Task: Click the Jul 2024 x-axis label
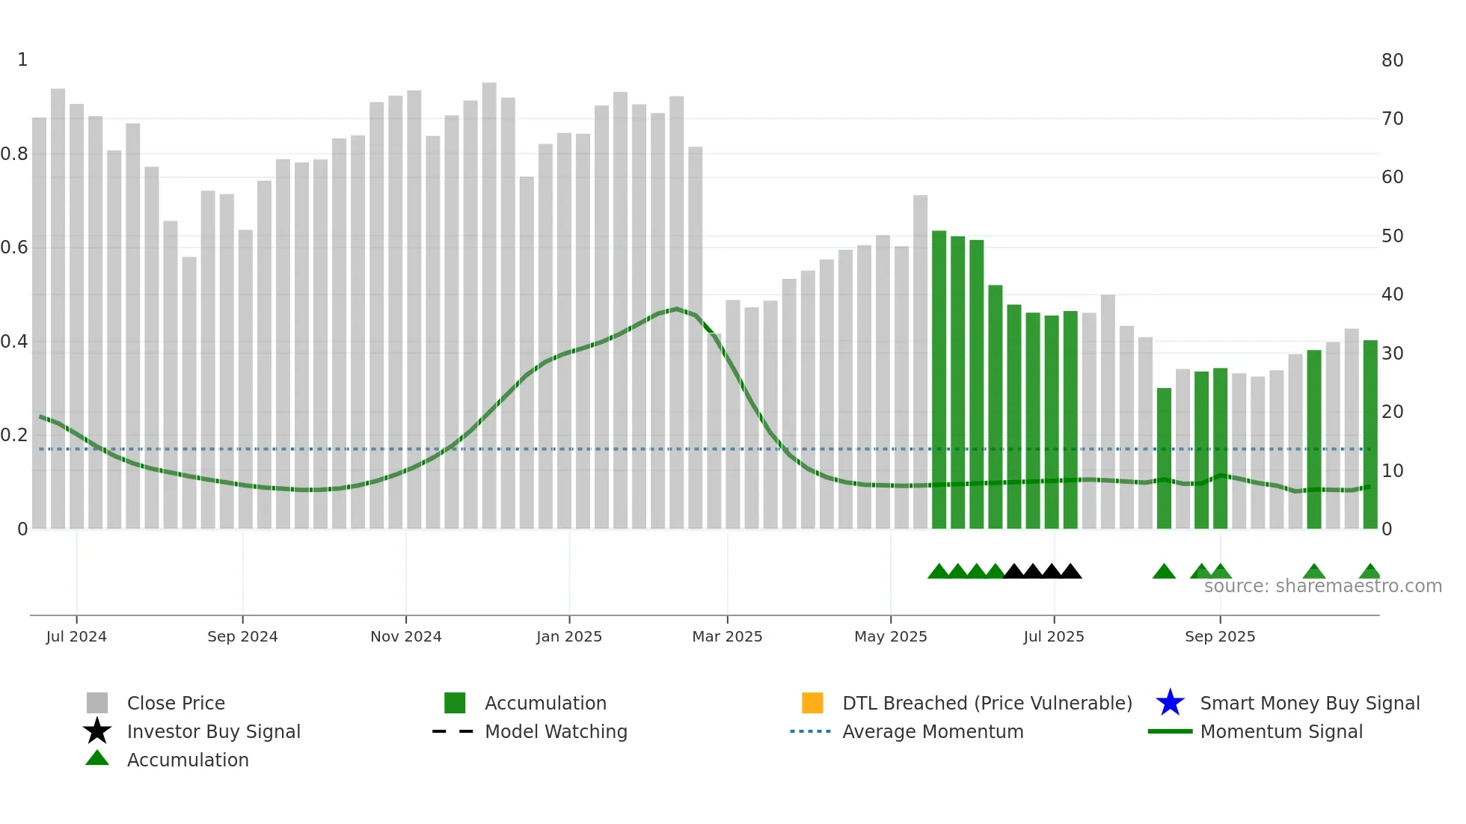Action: [x=76, y=636]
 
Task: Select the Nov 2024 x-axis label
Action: [x=405, y=636]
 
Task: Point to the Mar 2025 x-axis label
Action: [x=727, y=636]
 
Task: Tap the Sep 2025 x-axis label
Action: [x=1219, y=636]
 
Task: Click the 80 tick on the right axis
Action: [x=1392, y=61]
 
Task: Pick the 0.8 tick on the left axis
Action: [x=14, y=154]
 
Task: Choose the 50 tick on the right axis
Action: [x=1392, y=236]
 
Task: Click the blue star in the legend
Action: [x=1170, y=703]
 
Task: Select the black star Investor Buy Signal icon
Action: [x=97, y=731]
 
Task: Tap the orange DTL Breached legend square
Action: [x=812, y=703]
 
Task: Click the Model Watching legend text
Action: [x=556, y=731]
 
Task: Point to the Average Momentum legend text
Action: [x=933, y=731]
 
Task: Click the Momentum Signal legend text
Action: [x=1281, y=731]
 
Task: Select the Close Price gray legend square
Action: [x=97, y=703]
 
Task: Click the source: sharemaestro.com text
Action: [x=1322, y=586]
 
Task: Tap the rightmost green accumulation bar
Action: [x=1370, y=434]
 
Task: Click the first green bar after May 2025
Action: [x=939, y=380]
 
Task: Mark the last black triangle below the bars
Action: [x=1070, y=572]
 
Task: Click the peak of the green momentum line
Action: [x=676, y=309]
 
